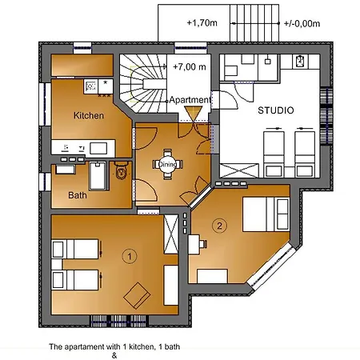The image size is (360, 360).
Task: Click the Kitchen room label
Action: pos(89,115)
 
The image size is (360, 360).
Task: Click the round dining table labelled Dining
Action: pos(166,164)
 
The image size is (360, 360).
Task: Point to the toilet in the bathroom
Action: pos(120,170)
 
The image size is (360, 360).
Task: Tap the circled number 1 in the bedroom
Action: pos(128,256)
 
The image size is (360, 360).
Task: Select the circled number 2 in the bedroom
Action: pos(220,225)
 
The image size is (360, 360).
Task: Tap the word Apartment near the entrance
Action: pos(190,100)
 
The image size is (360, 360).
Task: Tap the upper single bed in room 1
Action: pos(76,250)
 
